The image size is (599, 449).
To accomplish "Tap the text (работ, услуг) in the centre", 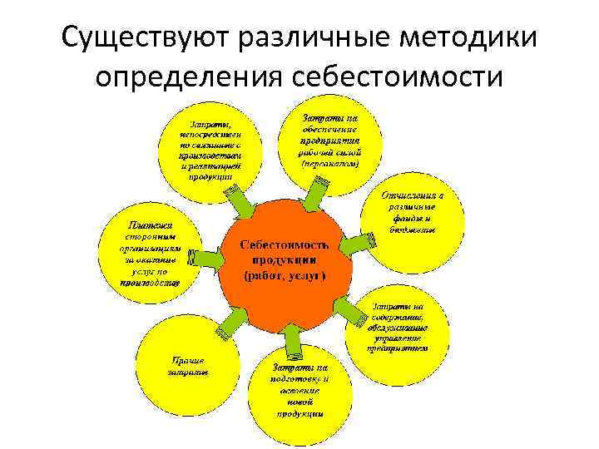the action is (285, 274).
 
